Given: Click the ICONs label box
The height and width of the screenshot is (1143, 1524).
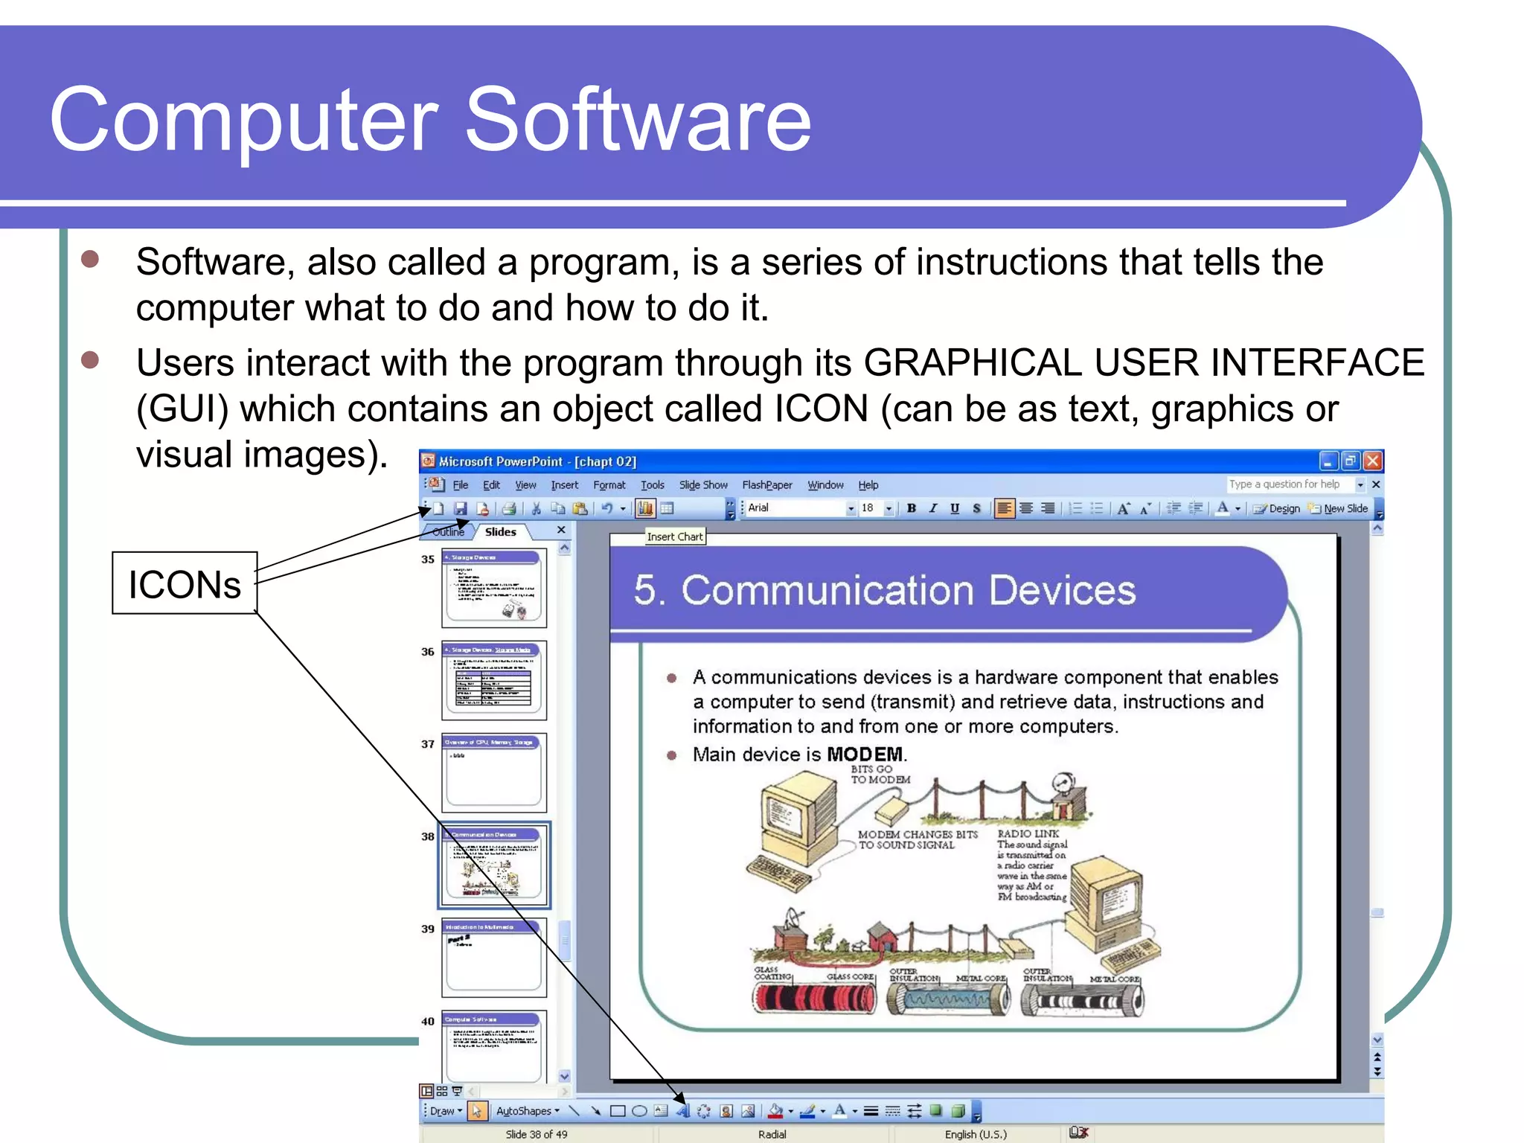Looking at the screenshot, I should click(x=185, y=583).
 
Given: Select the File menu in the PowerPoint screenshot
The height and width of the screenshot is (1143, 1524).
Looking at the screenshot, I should click(x=461, y=485).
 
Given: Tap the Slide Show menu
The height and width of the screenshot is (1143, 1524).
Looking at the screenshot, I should click(x=702, y=485).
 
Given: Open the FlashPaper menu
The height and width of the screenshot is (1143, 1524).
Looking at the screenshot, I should click(x=766, y=485).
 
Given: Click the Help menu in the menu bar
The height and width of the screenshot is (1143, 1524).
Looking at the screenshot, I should click(x=868, y=485).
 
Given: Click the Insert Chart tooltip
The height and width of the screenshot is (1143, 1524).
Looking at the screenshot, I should click(x=674, y=537).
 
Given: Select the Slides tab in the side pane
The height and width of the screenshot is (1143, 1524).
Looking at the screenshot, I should click(x=500, y=532).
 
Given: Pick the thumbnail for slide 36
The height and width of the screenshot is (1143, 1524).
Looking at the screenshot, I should click(x=494, y=680).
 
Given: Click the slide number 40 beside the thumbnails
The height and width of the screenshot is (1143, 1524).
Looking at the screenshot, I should click(x=428, y=1022).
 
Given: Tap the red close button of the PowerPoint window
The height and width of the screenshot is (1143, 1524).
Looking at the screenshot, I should click(x=1373, y=461).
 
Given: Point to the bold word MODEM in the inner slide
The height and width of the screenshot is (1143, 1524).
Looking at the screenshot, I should click(x=865, y=755).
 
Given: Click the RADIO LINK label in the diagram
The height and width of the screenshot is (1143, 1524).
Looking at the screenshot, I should click(x=1028, y=834).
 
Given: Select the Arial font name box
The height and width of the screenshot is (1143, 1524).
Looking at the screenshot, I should click(x=796, y=508).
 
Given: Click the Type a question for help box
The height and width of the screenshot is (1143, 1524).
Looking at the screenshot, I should click(x=1285, y=484).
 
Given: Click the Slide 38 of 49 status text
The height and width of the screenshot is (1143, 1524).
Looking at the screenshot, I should click(x=536, y=1134).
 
